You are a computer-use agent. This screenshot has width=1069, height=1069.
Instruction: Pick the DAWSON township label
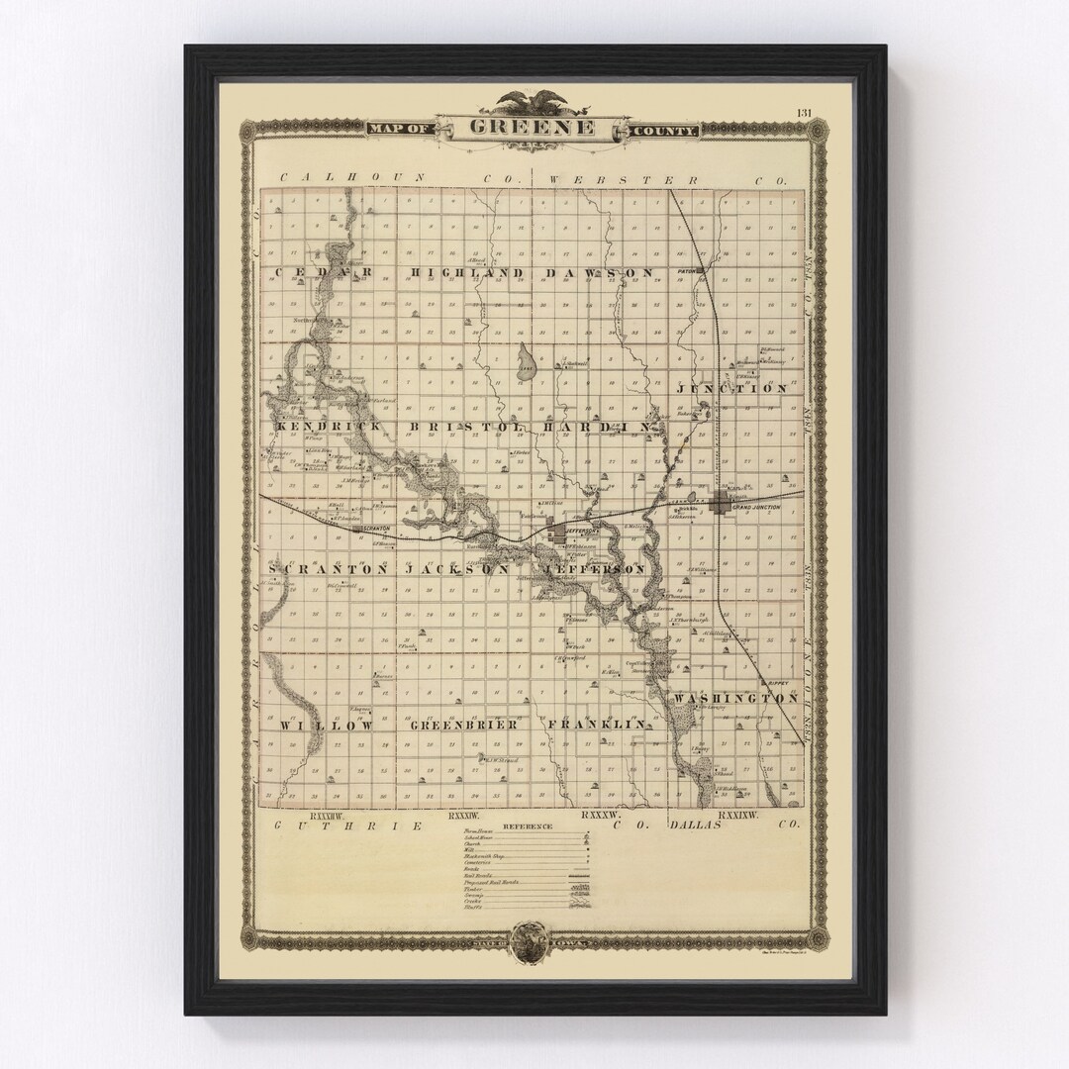pyautogui.click(x=597, y=272)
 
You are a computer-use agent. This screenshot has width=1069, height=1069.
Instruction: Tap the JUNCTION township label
pyautogui.click(x=732, y=389)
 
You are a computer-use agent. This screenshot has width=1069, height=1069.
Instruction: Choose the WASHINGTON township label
pyautogui.click(x=735, y=699)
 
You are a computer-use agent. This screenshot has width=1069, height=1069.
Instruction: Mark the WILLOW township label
pyautogui.click(x=327, y=726)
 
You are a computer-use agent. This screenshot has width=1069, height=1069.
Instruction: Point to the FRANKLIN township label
pyautogui.click(x=597, y=726)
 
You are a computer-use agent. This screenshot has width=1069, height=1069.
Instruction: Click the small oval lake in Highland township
pyautogui.click(x=526, y=363)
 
